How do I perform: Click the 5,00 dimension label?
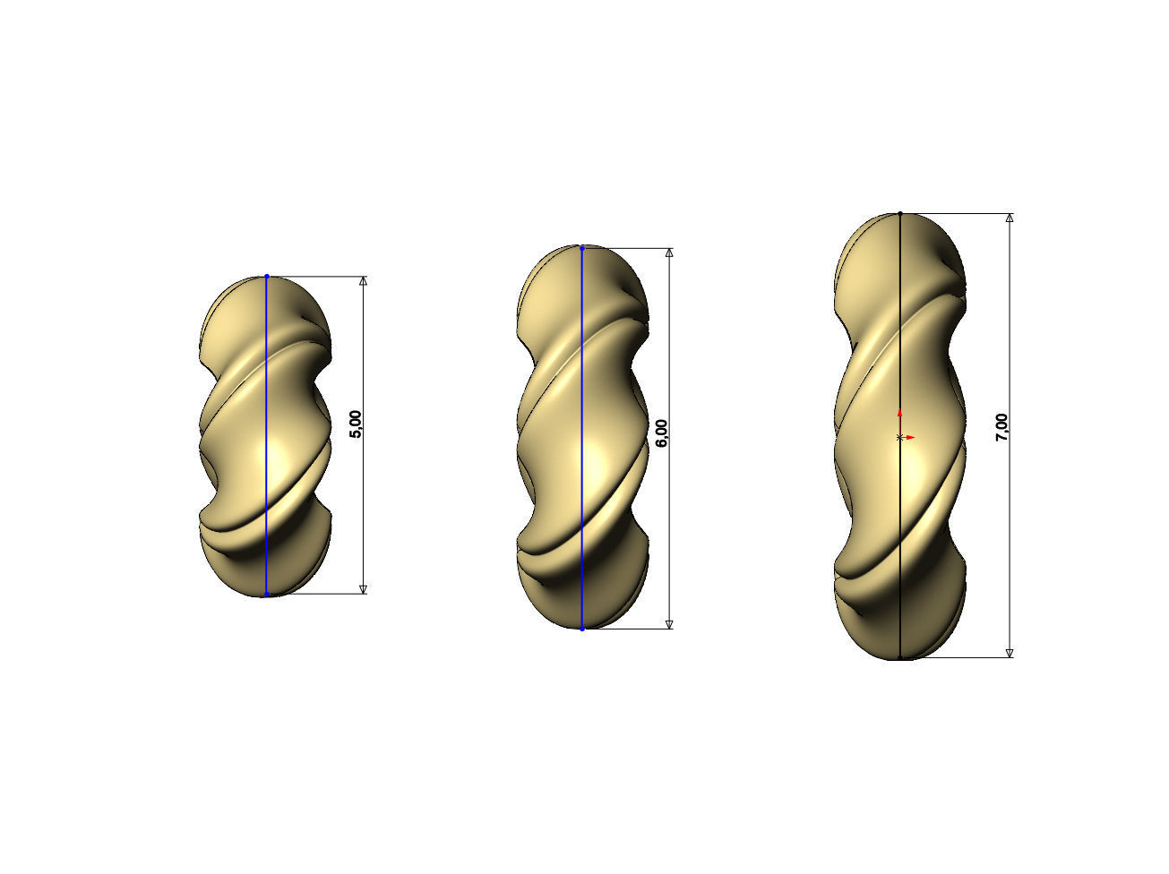click(356, 424)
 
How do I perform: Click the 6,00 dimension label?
click(662, 433)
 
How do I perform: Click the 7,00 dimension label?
click(1002, 427)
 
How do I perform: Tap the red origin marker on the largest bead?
click(900, 436)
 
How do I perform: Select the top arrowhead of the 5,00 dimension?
click(363, 281)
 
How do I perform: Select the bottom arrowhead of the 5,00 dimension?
click(363, 588)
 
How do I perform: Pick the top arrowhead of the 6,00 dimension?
click(669, 253)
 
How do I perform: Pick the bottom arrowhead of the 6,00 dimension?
click(669, 623)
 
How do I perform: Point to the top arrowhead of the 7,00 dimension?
click(1010, 218)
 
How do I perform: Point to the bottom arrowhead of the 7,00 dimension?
click(1010, 653)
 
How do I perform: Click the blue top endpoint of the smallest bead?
click(267, 277)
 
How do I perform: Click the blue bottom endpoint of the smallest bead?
click(267, 594)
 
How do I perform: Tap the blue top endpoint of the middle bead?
click(582, 248)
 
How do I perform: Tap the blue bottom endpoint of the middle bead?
click(582, 629)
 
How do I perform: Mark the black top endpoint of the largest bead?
click(900, 214)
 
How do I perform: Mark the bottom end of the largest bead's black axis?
click(900, 658)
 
